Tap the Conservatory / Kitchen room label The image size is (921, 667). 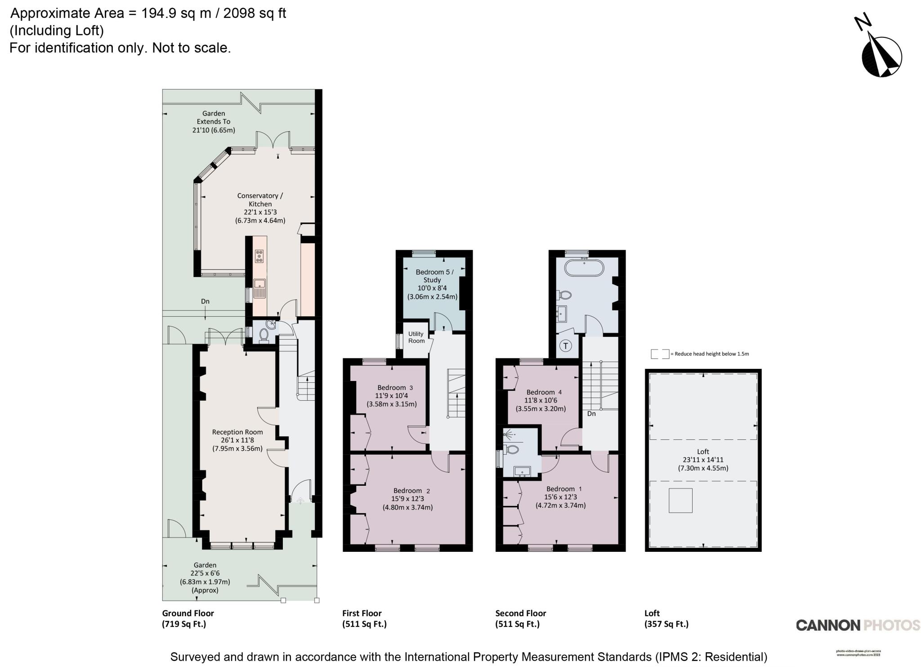(x=260, y=208)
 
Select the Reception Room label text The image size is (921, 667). (x=237, y=440)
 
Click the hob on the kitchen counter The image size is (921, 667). (x=259, y=256)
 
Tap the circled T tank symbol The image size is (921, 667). (x=565, y=346)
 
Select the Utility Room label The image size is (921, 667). (x=416, y=337)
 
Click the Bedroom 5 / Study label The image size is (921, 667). (x=433, y=284)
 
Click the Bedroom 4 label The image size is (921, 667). (x=541, y=400)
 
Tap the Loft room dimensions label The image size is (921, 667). (x=703, y=460)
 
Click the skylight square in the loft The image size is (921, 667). (x=680, y=500)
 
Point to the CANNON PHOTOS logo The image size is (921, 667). (x=858, y=625)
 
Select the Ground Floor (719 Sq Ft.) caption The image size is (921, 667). (x=188, y=618)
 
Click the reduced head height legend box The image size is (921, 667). (x=660, y=354)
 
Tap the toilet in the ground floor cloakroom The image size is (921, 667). (x=264, y=335)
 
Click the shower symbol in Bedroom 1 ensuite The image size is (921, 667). (x=510, y=435)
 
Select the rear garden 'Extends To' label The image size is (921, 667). (x=214, y=121)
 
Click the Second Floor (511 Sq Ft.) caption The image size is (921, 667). (x=520, y=618)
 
